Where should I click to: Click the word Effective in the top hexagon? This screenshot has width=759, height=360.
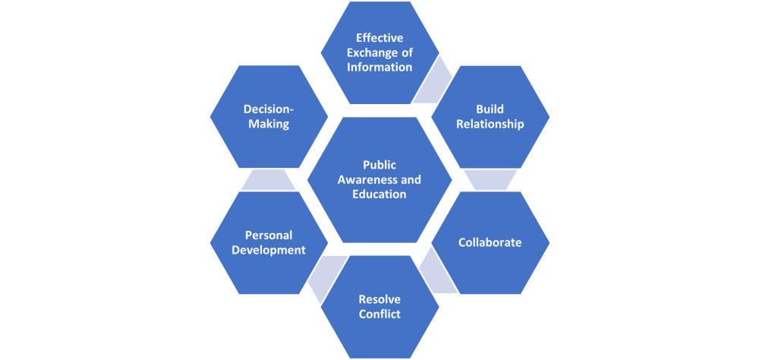point(379,37)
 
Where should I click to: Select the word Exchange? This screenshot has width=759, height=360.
point(368,52)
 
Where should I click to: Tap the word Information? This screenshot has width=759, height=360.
point(379,66)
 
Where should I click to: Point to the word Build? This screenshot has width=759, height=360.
point(490,109)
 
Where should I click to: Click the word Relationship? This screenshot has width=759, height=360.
point(490,124)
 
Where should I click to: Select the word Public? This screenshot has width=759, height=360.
point(379,165)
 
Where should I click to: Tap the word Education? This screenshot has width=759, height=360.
point(379,194)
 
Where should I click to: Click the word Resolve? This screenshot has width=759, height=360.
point(379,299)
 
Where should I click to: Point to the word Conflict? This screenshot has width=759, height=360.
point(379,314)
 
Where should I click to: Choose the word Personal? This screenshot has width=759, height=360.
point(268,235)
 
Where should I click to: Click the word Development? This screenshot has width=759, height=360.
point(268,250)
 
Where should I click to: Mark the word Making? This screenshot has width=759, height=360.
point(269,124)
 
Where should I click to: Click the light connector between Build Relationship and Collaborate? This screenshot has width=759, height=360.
point(490,179)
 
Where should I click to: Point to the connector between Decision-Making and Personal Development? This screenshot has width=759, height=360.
point(268,179)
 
